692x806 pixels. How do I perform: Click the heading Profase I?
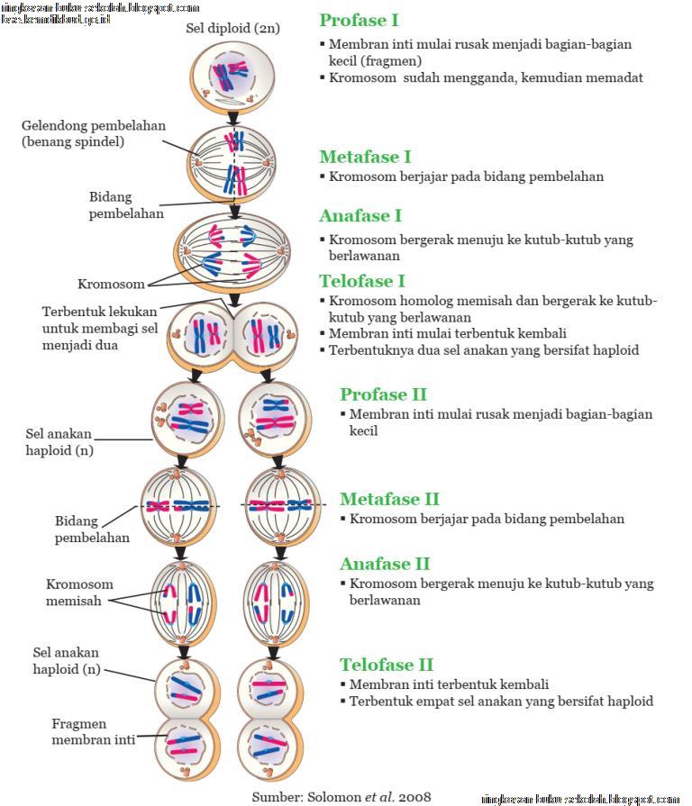pyautogui.click(x=359, y=21)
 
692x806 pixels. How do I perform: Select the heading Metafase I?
pyautogui.click(x=365, y=158)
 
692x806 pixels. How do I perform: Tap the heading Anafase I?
pyautogui.click(x=360, y=216)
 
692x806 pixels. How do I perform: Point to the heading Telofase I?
pyautogui.click(x=362, y=281)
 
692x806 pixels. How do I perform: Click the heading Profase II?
pyautogui.click(x=383, y=394)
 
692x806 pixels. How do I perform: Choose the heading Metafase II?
pyautogui.click(x=389, y=499)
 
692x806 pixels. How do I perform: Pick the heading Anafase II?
pyautogui.click(x=385, y=564)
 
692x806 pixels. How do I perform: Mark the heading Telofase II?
pyautogui.click(x=387, y=666)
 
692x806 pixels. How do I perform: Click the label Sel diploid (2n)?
pyautogui.click(x=232, y=29)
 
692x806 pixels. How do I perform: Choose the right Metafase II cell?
pyautogui.click(x=281, y=505)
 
